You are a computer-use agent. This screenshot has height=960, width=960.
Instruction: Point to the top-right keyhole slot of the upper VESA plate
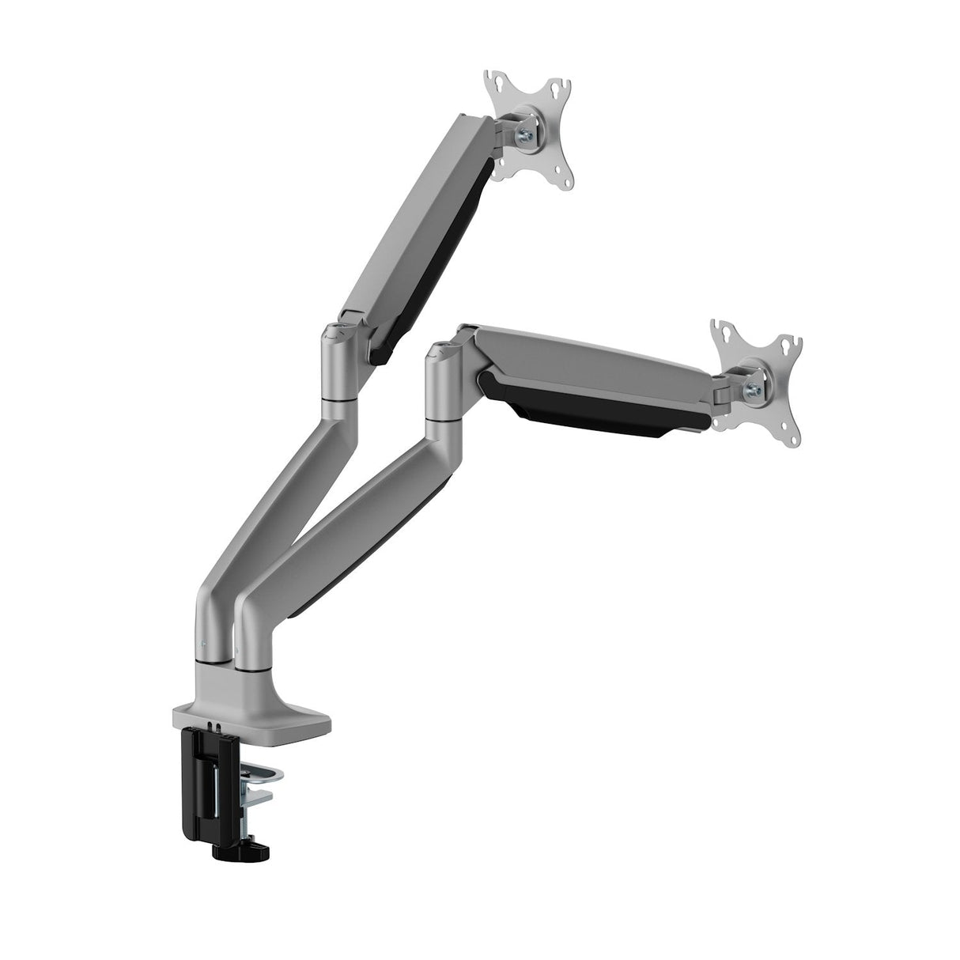562,85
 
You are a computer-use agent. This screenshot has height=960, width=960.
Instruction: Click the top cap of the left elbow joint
337,331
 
